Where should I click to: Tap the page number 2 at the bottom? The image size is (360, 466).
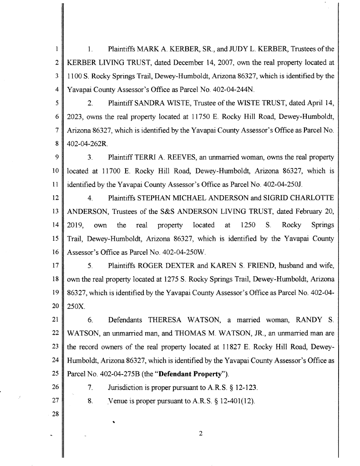pos(200,433)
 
